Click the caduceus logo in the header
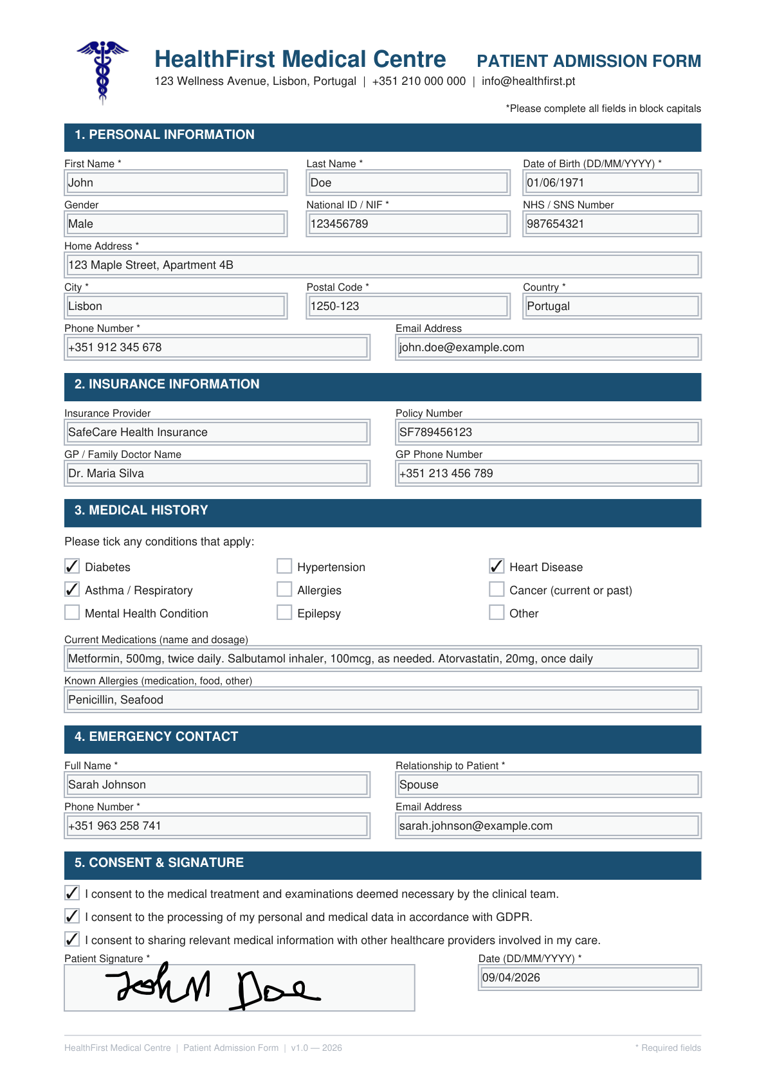coord(102,71)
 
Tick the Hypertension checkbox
coord(284,566)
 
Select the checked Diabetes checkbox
coord(72,566)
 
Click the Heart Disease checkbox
coord(497,566)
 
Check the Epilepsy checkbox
coord(284,612)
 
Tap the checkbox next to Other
coord(497,612)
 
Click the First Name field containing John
coord(176,183)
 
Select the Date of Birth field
coord(612,183)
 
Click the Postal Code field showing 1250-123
coord(408,306)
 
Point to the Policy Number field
coord(548,432)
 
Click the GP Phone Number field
coord(548,473)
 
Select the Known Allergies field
coord(383,700)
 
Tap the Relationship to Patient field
coord(548,785)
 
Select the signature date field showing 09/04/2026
coord(590,978)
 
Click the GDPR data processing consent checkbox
coord(72,916)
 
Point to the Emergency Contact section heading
coord(156,737)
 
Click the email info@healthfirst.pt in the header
coord(528,81)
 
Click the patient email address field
coord(548,347)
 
